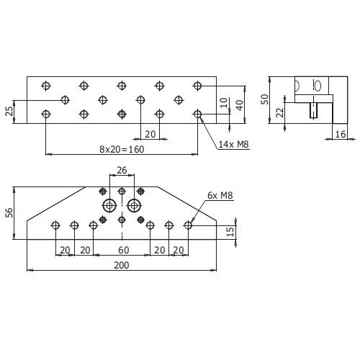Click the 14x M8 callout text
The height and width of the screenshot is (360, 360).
(233, 144)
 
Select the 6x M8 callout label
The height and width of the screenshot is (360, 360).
(220, 195)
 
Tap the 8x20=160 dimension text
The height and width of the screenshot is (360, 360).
(122, 149)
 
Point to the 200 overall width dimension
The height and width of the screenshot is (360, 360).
(122, 265)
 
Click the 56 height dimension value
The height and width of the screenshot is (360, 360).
(9, 212)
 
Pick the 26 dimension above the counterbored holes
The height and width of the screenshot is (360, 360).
(122, 170)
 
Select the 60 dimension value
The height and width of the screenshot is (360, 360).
(124, 250)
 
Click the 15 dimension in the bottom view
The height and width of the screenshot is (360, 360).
(230, 232)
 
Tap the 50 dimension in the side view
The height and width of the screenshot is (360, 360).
(264, 99)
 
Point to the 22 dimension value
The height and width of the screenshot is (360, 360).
(279, 112)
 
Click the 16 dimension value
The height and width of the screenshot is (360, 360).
(341, 134)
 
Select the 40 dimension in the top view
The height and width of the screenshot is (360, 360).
(240, 105)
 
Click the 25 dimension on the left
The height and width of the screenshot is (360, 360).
(9, 111)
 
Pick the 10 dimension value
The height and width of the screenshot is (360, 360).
(223, 103)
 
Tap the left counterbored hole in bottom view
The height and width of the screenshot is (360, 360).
(109, 205)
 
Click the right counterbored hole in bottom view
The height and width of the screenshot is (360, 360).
(135, 205)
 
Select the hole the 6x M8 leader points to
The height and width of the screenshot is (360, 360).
(188, 225)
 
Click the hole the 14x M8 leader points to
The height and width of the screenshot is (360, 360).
(197, 114)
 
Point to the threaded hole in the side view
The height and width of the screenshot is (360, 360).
(313, 110)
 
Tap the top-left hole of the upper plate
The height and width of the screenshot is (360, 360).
(46, 86)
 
